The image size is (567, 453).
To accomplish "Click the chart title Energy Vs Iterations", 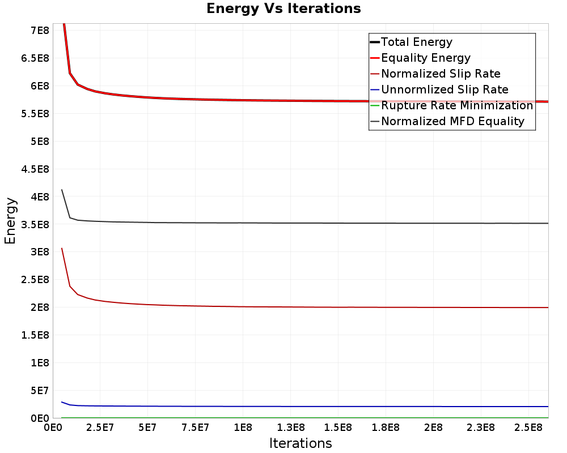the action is [x=283, y=8].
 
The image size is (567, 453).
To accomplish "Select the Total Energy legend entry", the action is [x=411, y=42].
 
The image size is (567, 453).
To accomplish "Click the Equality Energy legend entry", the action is [x=420, y=58].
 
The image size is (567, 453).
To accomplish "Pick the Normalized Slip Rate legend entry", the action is [x=435, y=74].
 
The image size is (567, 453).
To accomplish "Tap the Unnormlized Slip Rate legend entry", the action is [x=439, y=89].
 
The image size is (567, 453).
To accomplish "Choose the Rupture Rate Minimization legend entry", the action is [x=452, y=105].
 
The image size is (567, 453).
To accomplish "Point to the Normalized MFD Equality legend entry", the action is [x=447, y=121].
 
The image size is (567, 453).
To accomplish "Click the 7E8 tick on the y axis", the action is [x=40, y=31].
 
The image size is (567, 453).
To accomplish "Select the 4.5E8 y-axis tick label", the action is [x=35, y=169].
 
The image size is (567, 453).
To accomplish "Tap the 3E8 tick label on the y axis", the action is [x=40, y=252].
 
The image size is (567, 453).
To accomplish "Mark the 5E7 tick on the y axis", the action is [x=40, y=391].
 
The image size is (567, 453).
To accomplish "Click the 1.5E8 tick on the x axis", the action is [x=338, y=428].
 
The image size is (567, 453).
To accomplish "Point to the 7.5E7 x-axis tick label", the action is [x=195, y=428].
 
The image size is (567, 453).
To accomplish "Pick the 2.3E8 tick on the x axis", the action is [x=481, y=428].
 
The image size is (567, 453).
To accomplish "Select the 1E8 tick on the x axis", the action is [x=243, y=428].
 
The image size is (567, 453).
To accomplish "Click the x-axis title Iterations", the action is [x=301, y=443].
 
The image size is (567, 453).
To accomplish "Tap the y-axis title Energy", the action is [x=10, y=221].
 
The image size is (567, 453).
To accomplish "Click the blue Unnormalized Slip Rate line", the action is [x=305, y=407].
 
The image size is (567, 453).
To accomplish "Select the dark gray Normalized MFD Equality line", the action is [x=305, y=223].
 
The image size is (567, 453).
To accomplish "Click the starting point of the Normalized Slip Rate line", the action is [x=62, y=248].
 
